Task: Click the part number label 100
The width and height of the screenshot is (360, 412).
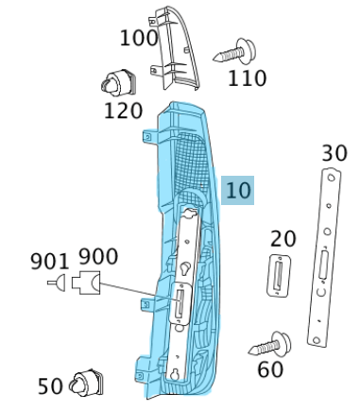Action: click(x=139, y=39)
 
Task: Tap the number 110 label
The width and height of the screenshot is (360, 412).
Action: click(x=248, y=77)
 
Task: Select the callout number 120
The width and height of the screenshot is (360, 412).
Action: click(x=123, y=111)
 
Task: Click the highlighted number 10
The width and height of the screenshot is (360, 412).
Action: click(x=239, y=190)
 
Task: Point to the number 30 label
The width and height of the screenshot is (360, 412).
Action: click(x=334, y=153)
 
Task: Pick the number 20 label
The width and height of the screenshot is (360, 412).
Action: click(x=283, y=239)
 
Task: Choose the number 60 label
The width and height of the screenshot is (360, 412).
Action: click(x=270, y=369)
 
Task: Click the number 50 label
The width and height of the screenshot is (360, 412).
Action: click(x=51, y=386)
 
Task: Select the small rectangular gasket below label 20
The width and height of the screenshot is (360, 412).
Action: click(x=281, y=276)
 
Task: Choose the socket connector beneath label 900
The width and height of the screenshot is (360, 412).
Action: click(x=88, y=282)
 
